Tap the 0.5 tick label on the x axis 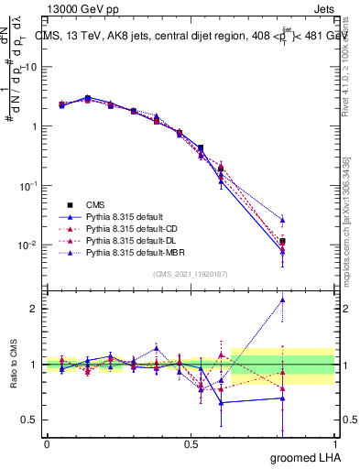coord(191,443)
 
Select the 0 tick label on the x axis coord(47,443)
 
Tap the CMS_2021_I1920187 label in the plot coord(190,274)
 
